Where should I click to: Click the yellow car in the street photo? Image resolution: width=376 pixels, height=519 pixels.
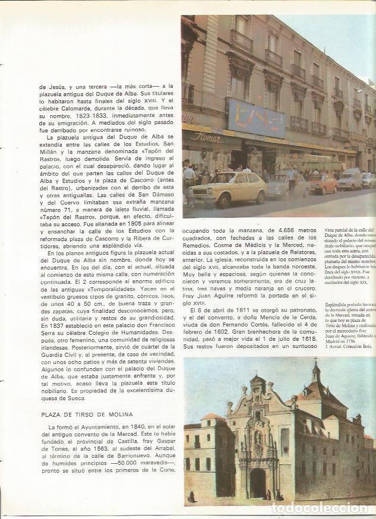click(x=229, y=188)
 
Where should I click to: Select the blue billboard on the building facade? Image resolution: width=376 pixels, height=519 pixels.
click(x=257, y=118)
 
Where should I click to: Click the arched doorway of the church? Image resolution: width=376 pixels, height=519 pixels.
click(x=258, y=483)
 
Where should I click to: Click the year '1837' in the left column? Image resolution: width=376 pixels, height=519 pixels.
click(x=48, y=325)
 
